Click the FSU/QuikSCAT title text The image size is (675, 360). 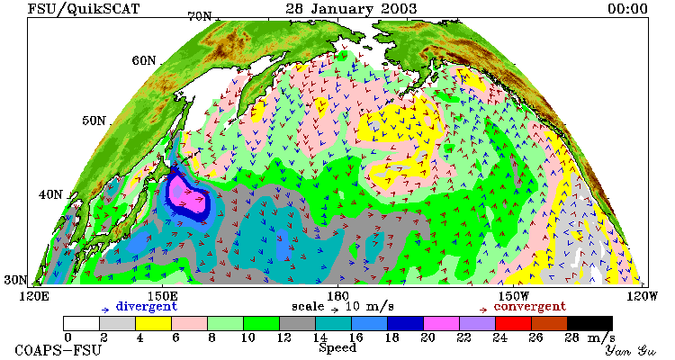84,9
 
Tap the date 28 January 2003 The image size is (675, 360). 351,9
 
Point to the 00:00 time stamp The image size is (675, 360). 627,9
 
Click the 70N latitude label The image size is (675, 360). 200,16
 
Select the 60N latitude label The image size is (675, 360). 144,60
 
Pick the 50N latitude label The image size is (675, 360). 94,121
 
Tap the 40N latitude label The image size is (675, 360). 50,194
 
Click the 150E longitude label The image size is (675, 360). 162,296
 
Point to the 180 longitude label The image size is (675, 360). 337,296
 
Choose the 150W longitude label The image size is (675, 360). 514,296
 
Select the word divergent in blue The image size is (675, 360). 147,307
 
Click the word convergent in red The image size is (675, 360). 529,307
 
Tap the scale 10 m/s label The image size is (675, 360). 343,307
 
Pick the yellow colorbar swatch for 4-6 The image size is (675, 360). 153,324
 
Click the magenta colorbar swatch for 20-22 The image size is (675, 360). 441,324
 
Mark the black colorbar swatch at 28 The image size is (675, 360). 589,324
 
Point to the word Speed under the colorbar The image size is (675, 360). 337,348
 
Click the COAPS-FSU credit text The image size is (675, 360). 58,350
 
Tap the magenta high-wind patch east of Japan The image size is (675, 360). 186,197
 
